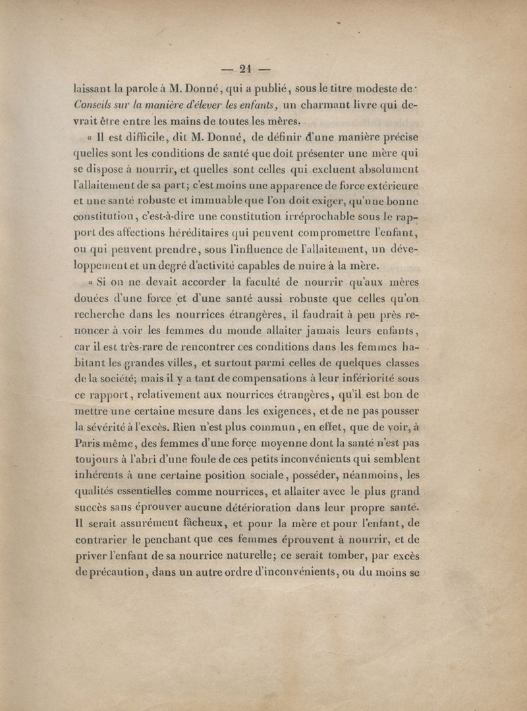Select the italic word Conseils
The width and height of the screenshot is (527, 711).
96,104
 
